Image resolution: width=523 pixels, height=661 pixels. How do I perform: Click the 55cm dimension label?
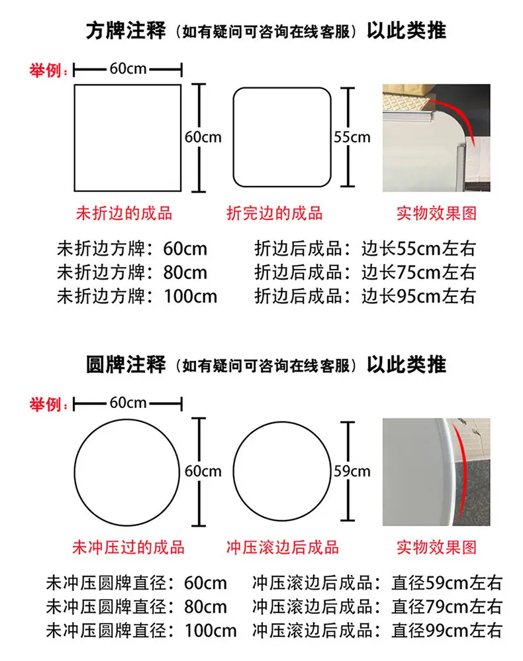coord(352,137)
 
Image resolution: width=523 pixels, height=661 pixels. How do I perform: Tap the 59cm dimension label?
coord(352,471)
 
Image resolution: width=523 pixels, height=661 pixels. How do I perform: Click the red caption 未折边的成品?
coord(124,213)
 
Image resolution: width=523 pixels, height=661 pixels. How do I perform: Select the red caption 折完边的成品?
coord(274,213)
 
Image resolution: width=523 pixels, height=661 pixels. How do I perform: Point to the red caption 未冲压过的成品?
coord(128,547)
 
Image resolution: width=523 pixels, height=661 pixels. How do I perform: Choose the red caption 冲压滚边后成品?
coord(283,547)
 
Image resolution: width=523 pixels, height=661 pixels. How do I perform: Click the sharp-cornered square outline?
coord(128,85)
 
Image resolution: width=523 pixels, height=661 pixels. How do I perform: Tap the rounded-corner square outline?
coord(282,88)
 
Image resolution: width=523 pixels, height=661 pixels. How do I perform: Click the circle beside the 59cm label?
coord(282,423)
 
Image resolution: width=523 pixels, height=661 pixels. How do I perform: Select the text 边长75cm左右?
coord(418,272)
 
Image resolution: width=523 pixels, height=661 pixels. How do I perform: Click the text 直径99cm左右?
coord(447,631)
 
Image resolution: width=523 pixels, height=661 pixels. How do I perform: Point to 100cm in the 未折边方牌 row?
coord(190,296)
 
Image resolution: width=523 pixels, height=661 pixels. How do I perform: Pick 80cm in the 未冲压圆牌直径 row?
coord(205,607)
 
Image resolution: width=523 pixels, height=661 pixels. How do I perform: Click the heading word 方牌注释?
coord(126,30)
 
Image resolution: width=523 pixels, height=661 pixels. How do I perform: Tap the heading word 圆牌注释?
coord(126,365)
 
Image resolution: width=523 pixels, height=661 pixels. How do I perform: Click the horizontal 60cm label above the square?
coord(128,68)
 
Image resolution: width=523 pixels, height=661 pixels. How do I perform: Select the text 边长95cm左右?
coord(418,296)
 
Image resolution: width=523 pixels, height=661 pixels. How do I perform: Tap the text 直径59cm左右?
coord(447,583)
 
